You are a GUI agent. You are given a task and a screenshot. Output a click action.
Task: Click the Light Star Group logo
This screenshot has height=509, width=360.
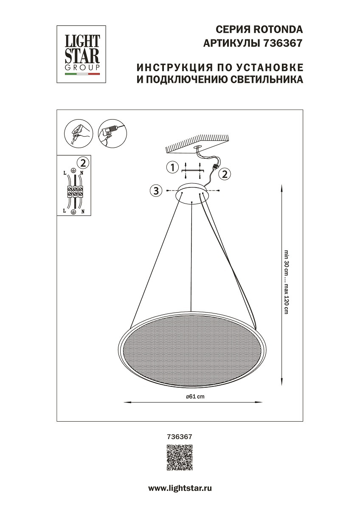(82, 53)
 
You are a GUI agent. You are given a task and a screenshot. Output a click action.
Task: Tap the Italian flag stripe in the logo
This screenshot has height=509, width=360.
(82, 74)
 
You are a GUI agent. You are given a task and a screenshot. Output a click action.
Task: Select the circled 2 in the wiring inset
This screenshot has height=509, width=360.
(83, 162)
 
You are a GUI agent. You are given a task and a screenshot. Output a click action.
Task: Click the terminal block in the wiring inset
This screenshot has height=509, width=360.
(75, 192)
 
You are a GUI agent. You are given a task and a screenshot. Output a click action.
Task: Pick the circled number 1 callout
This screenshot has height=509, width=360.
(172, 168)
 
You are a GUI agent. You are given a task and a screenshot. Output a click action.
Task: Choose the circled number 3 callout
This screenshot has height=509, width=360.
(156, 190)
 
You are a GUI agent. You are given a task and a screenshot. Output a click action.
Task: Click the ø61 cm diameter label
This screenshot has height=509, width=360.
(195, 397)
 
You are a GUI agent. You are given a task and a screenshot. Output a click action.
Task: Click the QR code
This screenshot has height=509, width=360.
(180, 457)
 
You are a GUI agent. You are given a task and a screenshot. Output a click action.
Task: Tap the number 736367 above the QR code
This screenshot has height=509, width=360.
(180, 436)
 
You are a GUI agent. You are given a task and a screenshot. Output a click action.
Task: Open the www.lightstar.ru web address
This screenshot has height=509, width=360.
(180, 488)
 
